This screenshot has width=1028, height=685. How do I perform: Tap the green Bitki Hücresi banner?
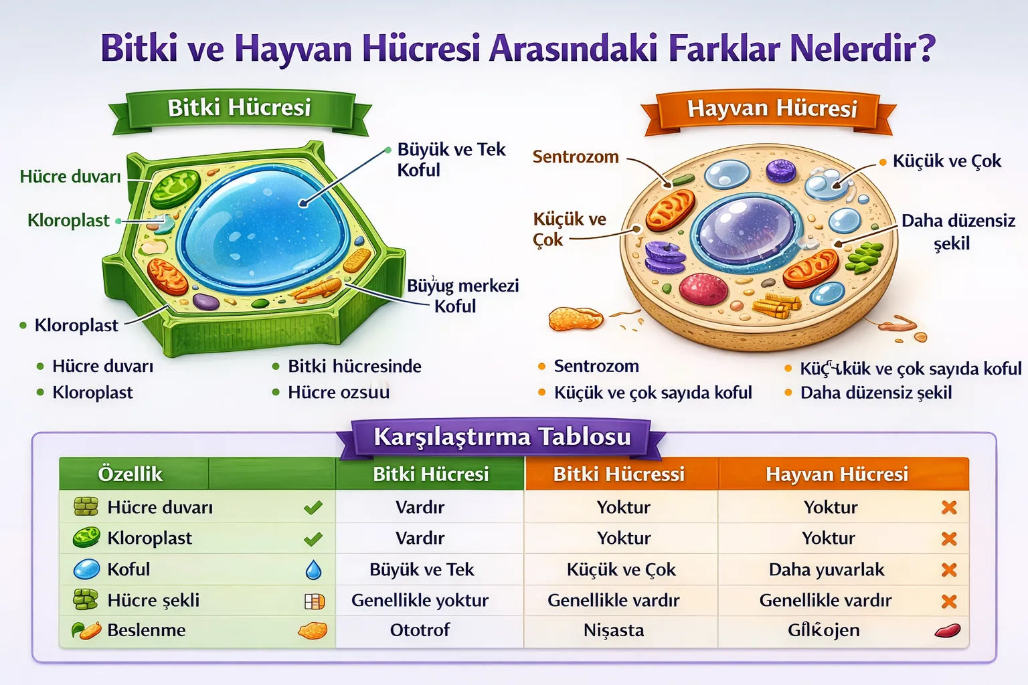click(239, 108)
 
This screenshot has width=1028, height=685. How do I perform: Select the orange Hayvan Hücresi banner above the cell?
click(772, 109)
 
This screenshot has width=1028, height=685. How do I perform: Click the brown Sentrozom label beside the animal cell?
click(576, 157)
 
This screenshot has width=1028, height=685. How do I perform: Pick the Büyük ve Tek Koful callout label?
click(450, 159)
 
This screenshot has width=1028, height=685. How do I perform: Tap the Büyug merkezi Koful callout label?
click(462, 296)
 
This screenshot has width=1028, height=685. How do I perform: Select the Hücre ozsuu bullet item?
click(338, 393)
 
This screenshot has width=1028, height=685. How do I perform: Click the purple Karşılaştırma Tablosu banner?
click(502, 437)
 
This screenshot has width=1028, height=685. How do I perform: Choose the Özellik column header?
click(131, 474)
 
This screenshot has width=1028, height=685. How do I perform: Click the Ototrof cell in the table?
click(420, 630)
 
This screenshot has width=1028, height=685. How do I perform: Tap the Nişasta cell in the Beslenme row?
click(614, 630)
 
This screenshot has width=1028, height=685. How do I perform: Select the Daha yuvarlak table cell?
click(827, 570)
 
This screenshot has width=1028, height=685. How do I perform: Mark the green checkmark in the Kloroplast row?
click(313, 539)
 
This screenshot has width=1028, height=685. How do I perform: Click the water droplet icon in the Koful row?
click(313, 570)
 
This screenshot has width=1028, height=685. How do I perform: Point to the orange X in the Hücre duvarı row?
click(948, 508)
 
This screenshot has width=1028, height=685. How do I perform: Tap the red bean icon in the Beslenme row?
click(947, 630)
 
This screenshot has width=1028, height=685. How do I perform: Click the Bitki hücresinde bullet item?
click(354, 367)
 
